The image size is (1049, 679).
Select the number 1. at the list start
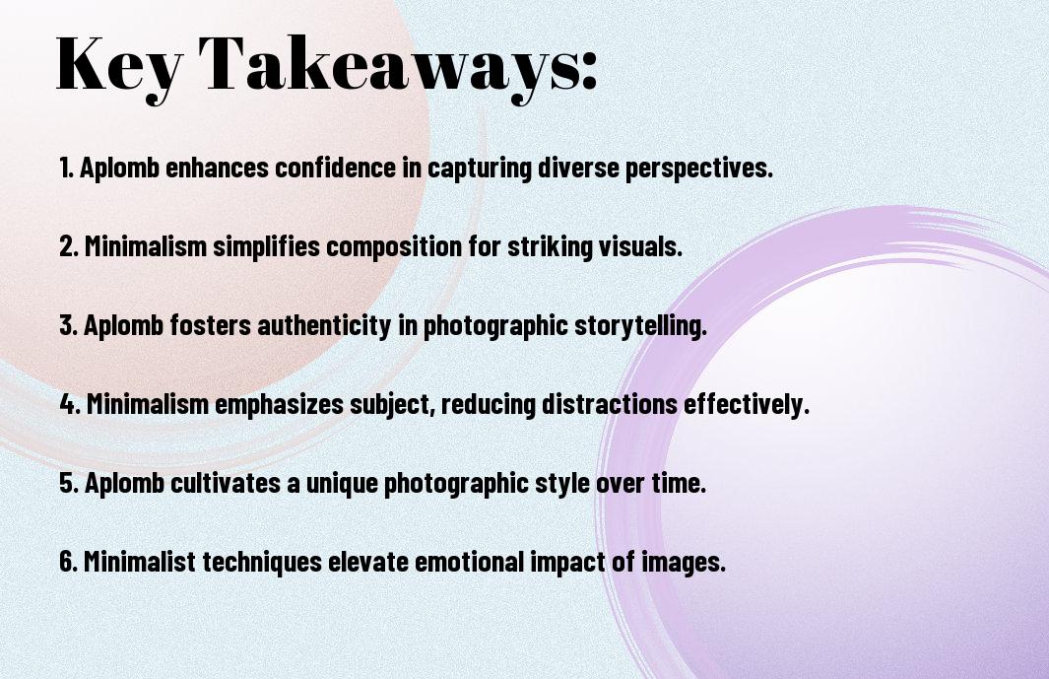[66, 169]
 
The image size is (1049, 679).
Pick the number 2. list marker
[68, 247]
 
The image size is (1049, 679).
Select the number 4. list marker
[69, 405]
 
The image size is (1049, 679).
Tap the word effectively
[747, 405]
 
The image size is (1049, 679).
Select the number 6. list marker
[68, 563]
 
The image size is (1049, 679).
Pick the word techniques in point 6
[263, 563]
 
